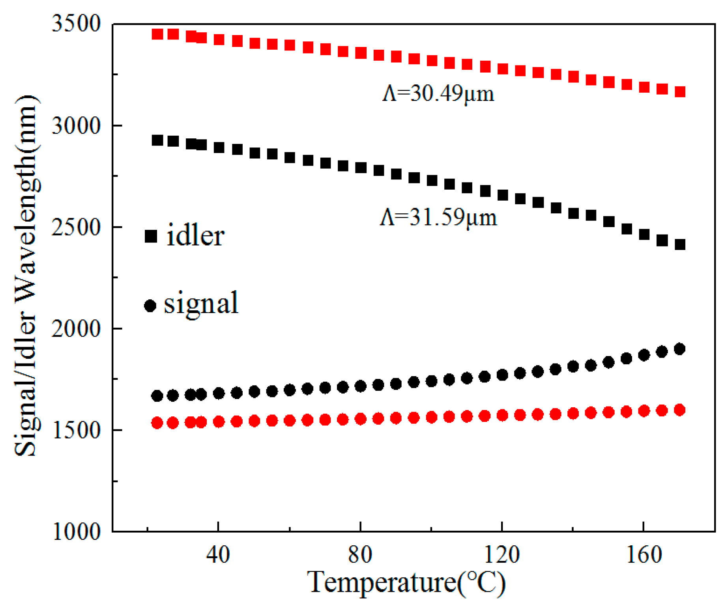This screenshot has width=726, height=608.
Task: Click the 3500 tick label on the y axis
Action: (76, 24)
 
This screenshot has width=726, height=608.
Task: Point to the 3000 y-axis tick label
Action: (76, 126)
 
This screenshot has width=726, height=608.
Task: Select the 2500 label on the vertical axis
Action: (76, 227)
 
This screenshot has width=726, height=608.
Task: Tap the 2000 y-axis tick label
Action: (76, 328)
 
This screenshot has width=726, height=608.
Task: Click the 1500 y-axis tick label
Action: (76, 430)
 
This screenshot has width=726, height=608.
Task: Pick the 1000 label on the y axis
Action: (76, 532)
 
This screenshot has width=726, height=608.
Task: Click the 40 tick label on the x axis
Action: (218, 555)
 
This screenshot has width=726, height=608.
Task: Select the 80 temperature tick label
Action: (360, 555)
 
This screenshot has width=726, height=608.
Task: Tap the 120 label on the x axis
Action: (501, 555)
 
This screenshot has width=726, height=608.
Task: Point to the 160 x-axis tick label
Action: (644, 555)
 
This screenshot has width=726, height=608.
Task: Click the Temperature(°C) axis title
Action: (406, 583)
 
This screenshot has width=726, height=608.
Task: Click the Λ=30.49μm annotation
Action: (438, 94)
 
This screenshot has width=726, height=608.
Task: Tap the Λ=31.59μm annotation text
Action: (438, 217)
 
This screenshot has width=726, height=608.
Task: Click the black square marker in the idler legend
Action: (151, 236)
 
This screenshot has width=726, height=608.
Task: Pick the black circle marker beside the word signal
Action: (150, 306)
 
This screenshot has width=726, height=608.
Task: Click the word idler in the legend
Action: (195, 236)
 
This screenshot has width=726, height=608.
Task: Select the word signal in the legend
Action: (201, 304)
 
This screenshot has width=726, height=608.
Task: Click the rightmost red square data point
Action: (680, 92)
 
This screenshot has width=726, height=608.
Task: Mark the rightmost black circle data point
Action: (679, 349)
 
